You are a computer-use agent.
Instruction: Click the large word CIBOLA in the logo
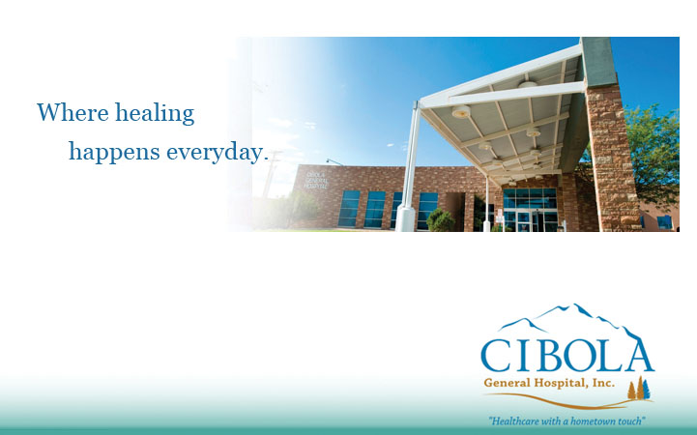tap(566, 355)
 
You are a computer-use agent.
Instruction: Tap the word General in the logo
tap(510, 384)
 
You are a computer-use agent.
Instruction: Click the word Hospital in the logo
tap(564, 384)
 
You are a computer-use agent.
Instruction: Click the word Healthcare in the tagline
tap(515, 420)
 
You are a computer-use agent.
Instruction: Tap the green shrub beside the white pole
tap(440, 220)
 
